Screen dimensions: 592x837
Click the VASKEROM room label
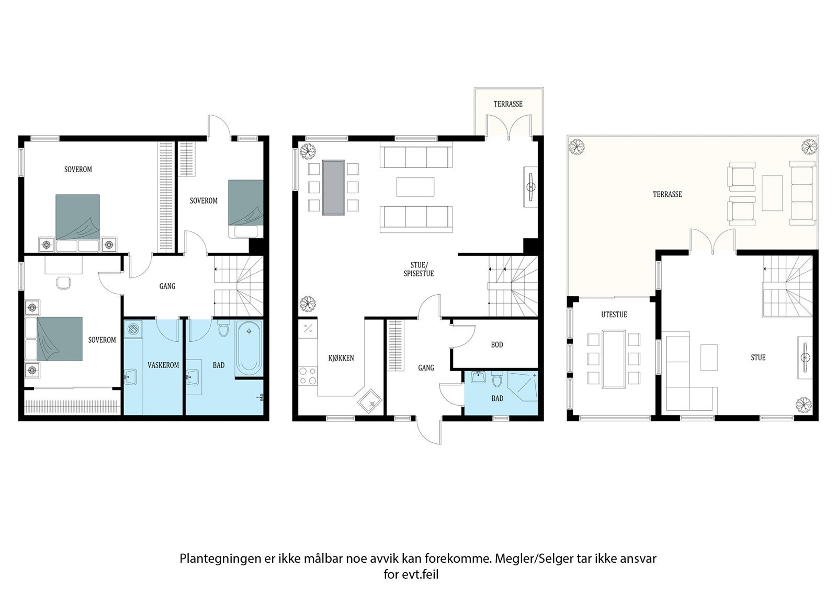click(x=163, y=365)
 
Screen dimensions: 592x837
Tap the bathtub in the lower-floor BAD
click(x=248, y=348)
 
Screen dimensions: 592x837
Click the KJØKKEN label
click(x=341, y=358)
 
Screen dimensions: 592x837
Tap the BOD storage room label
click(x=497, y=344)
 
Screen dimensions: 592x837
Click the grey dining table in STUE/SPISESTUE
click(x=333, y=187)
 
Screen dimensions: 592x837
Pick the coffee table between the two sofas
click(x=415, y=187)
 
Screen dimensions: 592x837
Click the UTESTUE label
click(x=614, y=315)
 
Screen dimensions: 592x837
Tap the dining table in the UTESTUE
click(x=614, y=359)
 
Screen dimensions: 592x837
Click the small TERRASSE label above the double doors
click(x=508, y=104)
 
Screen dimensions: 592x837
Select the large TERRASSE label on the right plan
click(x=667, y=194)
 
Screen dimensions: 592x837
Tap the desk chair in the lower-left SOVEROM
click(x=63, y=283)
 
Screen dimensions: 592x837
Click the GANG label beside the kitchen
click(x=426, y=368)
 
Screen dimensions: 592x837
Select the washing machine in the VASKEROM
click(x=134, y=329)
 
